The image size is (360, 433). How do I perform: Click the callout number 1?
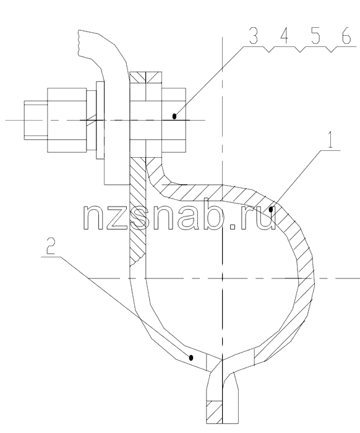(x=330, y=141)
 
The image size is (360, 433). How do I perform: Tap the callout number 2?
(x=51, y=246)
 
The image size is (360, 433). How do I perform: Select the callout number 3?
(x=254, y=36)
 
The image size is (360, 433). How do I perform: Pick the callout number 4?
(x=284, y=36)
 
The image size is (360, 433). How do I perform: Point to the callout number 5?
(x=315, y=36)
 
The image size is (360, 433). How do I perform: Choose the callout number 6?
(x=346, y=36)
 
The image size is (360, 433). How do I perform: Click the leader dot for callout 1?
(x=271, y=210)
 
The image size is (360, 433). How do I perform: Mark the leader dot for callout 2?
(x=191, y=358)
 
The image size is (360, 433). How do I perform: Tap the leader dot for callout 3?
(x=174, y=116)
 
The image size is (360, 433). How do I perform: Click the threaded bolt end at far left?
(x=36, y=120)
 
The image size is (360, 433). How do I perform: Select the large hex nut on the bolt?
(x=67, y=120)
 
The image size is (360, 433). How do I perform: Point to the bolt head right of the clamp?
(x=174, y=120)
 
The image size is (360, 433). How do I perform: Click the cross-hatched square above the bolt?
(x=146, y=77)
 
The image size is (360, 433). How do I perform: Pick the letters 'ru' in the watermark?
(x=257, y=218)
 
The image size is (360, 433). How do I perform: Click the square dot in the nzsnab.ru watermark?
(x=233, y=226)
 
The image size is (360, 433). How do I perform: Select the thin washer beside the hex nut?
(x=100, y=120)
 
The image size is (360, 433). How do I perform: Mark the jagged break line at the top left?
(x=79, y=43)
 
